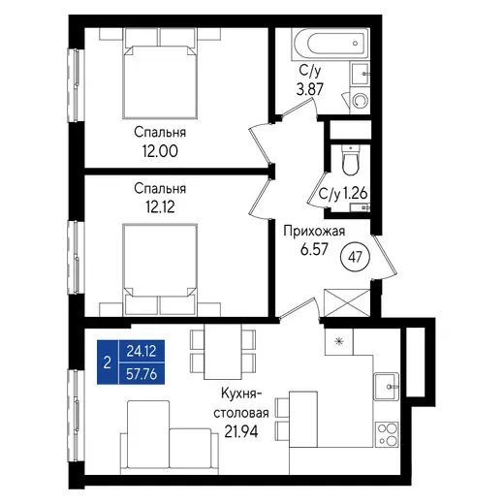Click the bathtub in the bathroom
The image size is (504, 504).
pos(330,44)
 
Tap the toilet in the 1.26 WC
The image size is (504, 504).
pos(350,161)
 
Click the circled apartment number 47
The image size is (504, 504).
pos(356,257)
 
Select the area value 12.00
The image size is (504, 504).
pos(160,151)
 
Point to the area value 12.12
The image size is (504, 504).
pos(160,206)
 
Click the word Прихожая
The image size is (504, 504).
pos(314,232)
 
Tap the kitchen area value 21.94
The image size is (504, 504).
pos(241,431)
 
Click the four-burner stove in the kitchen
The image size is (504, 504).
pos(387,434)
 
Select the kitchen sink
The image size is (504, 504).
pos(387,387)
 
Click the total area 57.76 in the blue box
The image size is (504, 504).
pos(142,374)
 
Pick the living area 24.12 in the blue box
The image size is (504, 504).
pos(142,351)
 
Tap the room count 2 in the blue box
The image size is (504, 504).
pos(108,362)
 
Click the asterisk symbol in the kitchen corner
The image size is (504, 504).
pos(339,341)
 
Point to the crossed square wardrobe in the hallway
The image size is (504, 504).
pos(347,303)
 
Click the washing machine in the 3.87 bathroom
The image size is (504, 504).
pos(360,100)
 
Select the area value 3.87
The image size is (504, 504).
pos(310,89)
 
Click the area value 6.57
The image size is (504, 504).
pos(314,249)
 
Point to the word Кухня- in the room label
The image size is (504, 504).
pos(241,394)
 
